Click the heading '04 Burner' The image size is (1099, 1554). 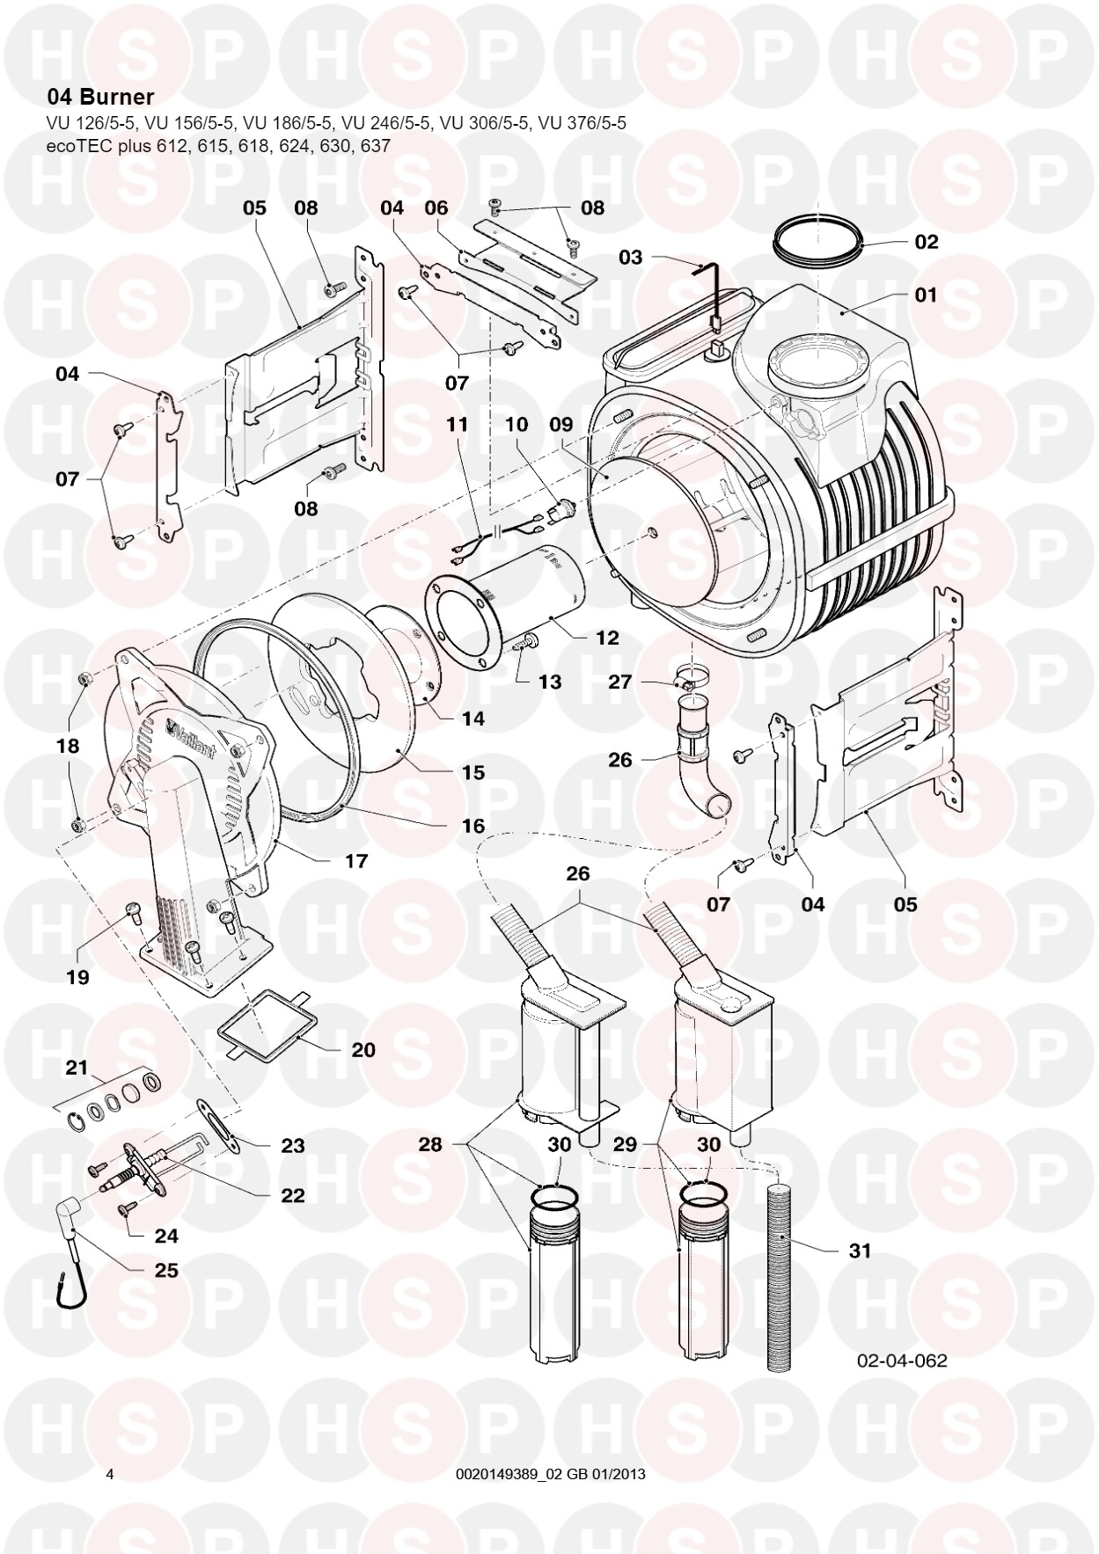click(x=100, y=97)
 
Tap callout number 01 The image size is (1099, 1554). click(x=926, y=294)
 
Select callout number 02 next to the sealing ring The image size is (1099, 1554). click(x=926, y=242)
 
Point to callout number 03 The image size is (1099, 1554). click(x=631, y=257)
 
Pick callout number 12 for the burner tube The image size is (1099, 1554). click(x=607, y=638)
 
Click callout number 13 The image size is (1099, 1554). click(x=550, y=682)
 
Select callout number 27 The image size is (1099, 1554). click(x=620, y=682)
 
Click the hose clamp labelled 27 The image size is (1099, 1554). click(x=692, y=680)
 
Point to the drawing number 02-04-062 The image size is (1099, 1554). click(x=902, y=1361)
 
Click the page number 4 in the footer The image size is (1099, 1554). click(x=109, y=1474)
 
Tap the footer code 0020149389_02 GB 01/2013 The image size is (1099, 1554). click(x=551, y=1474)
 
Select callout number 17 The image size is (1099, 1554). click(x=355, y=861)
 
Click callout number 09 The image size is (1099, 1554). click(x=560, y=424)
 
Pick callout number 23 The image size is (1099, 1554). click(x=292, y=1145)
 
